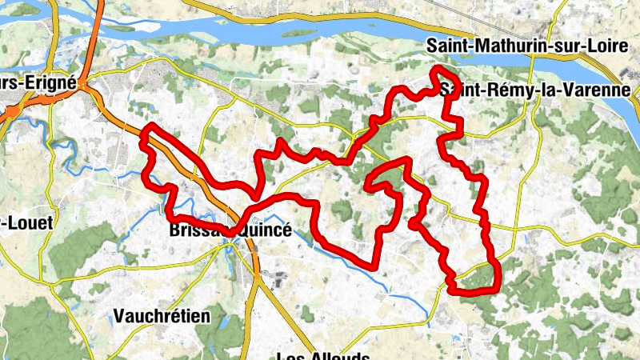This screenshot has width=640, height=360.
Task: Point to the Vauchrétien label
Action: [162, 315]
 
